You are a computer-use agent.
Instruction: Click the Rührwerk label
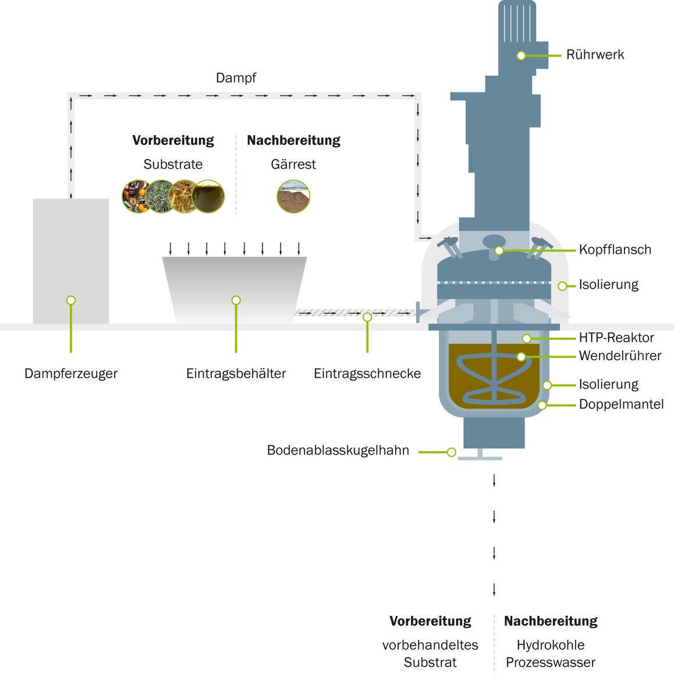pos(595,55)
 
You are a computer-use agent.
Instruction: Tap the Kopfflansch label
pos(615,250)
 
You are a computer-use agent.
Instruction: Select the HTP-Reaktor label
pos(616,338)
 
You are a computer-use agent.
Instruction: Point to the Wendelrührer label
pos(620,356)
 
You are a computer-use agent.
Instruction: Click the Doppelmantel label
pos(622,405)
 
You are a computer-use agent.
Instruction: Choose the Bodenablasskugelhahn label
pos(338,451)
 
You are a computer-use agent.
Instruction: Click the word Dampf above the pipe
pos(236,78)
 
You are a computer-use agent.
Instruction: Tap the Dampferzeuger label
pos(71,374)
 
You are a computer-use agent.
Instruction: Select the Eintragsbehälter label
pos(236,374)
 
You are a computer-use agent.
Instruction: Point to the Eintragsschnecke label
pos(367,374)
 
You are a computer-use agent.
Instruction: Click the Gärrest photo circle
pos(293,196)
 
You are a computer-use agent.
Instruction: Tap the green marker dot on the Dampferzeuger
pos(71,300)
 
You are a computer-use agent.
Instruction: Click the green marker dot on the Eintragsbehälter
pos(236,300)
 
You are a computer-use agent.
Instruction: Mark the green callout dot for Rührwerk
pos(521,56)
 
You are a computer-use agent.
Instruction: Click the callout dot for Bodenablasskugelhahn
pos(451,452)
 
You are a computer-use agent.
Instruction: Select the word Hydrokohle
pos(550,645)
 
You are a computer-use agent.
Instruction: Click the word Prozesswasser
pos(550,662)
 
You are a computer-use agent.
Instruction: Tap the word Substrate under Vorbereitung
pos(173,164)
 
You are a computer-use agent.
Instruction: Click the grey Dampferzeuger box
pos(71,261)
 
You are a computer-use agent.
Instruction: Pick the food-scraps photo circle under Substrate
pos(136,196)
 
